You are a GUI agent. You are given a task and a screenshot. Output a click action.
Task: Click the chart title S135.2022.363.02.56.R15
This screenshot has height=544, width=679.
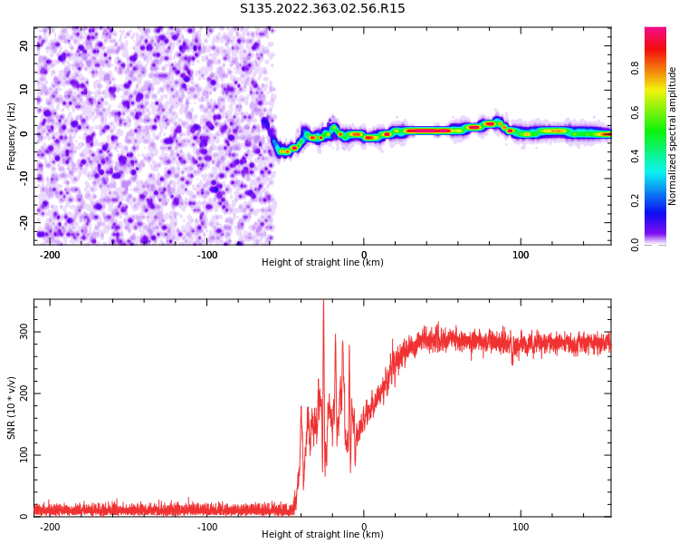click(x=322, y=8)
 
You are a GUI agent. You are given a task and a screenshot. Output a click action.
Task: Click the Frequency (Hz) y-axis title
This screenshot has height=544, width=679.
click(x=11, y=136)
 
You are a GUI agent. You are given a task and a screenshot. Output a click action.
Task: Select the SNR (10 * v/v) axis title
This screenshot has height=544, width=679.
click(x=11, y=408)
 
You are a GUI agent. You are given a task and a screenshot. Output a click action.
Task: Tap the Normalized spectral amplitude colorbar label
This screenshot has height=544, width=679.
click(x=672, y=136)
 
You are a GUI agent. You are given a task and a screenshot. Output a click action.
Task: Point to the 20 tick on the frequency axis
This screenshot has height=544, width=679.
click(x=24, y=45)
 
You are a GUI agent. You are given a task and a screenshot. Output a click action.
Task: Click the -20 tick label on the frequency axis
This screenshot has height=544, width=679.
click(x=24, y=222)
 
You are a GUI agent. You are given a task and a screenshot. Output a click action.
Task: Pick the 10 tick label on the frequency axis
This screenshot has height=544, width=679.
click(x=24, y=90)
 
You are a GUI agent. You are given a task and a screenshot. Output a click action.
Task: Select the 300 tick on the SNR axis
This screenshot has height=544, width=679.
click(x=24, y=332)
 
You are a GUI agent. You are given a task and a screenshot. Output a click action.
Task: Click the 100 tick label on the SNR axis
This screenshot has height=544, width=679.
click(x=24, y=455)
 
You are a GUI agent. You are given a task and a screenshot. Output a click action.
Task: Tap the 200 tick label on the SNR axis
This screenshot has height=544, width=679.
click(x=24, y=393)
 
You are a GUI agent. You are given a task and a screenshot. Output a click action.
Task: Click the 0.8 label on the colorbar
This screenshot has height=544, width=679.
click(x=635, y=68)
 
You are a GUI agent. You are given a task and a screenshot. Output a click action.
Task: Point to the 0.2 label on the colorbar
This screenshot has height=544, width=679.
click(x=635, y=200)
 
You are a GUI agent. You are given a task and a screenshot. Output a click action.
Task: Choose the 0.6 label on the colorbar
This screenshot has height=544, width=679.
click(x=635, y=112)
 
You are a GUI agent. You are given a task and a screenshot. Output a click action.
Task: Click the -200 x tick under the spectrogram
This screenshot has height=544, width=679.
click(x=50, y=255)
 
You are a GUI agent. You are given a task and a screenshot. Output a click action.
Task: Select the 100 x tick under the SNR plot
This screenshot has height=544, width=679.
click(x=521, y=527)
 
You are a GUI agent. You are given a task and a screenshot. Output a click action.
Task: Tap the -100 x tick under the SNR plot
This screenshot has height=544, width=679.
click(x=207, y=527)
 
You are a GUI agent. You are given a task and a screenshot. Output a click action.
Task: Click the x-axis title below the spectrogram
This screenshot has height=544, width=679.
click(x=322, y=262)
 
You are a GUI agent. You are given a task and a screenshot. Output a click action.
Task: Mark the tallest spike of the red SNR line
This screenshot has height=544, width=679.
click(x=323, y=301)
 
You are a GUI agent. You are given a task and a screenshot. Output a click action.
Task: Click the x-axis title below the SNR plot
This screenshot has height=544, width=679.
click(x=322, y=534)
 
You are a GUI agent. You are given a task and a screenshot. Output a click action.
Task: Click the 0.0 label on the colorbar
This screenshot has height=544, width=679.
click(x=635, y=245)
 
